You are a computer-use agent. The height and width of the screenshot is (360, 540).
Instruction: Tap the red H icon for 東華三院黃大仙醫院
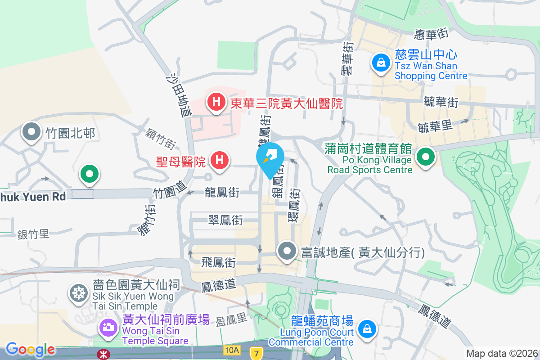[216, 102]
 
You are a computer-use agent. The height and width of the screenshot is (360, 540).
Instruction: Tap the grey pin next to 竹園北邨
[32, 132]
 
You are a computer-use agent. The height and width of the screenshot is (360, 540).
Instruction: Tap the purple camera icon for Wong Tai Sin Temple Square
[108, 327]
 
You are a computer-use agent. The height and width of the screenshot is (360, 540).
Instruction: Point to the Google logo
[30, 349]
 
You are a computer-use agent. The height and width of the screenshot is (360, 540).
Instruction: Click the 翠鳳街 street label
[225, 220]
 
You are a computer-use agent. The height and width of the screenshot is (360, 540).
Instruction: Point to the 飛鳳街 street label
[219, 261]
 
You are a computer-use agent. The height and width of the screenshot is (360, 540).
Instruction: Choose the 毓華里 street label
[435, 126]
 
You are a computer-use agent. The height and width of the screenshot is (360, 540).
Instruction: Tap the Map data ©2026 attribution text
[502, 354]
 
